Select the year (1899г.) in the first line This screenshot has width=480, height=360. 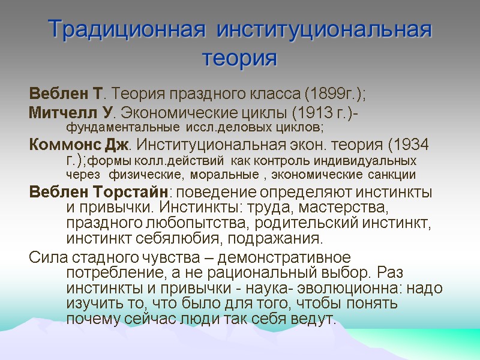click(x=334, y=94)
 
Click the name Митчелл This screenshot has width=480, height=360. click(x=56, y=112)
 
